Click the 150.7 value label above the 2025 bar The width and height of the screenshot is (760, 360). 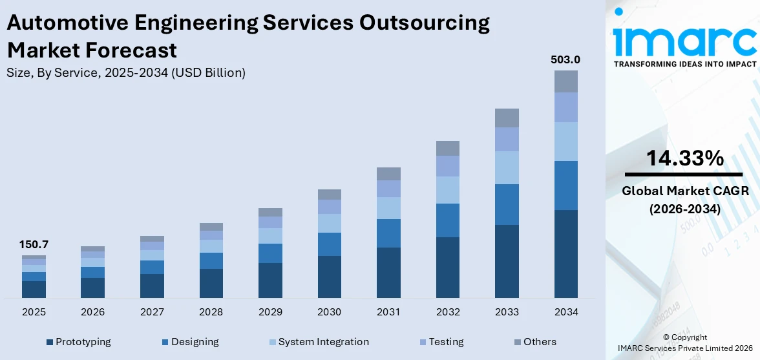point(34,245)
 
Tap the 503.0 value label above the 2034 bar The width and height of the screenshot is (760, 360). point(565,59)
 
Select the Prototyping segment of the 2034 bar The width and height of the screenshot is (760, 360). point(565,253)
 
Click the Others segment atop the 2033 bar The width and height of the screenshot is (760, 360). point(507,118)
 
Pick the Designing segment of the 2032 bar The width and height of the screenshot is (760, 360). point(447,220)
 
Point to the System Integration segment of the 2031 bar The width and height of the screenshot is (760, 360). point(388,208)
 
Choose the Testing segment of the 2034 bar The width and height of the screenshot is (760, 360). point(565,107)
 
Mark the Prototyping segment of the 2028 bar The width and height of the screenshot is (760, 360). point(211,283)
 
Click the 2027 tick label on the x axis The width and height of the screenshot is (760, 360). point(152,312)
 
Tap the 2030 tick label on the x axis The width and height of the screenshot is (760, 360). point(329,312)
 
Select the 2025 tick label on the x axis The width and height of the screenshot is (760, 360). point(34,312)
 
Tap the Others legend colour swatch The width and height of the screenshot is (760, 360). point(518,342)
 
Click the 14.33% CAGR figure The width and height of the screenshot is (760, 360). point(684,158)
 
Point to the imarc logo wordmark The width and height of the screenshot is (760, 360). point(684,41)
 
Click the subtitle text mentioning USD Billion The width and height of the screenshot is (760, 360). point(126,73)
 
